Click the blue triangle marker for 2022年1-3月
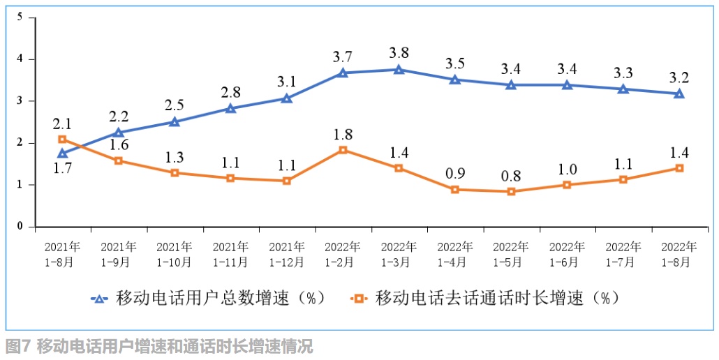(x=399, y=69)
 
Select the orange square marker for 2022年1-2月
(x=343, y=150)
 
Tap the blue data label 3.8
(x=399, y=52)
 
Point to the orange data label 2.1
(x=63, y=124)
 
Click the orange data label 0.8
(x=512, y=174)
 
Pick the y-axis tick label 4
(x=21, y=59)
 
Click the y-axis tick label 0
(x=21, y=227)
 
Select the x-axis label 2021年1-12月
(x=286, y=255)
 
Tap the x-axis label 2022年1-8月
(x=679, y=255)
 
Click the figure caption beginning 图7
(x=159, y=346)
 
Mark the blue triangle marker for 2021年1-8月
(x=63, y=153)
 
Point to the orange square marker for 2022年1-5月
(x=511, y=191)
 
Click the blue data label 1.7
(x=63, y=169)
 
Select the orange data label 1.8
(x=343, y=133)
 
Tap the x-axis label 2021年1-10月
(x=175, y=255)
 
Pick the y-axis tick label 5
(x=21, y=17)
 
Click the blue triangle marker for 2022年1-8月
(x=679, y=93)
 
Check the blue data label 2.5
(x=175, y=105)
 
